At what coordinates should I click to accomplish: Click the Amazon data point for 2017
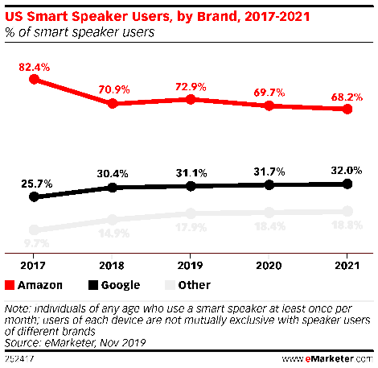tap(33, 80)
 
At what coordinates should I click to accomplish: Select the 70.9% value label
tap(113, 87)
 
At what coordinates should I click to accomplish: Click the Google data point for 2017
tap(33, 196)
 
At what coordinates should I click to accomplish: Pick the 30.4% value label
tap(113, 172)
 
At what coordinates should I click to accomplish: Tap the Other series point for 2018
tap(113, 219)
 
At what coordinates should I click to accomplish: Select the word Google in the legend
tap(121, 285)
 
